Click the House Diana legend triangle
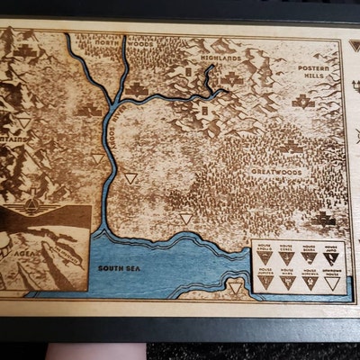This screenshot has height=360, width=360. tap(309, 258)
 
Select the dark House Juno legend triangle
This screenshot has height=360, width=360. tap(331, 258)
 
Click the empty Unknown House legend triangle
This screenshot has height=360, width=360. tap(331, 283)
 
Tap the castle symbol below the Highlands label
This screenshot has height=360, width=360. tap(233, 78)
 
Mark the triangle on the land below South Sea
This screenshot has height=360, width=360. tap(235, 287)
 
